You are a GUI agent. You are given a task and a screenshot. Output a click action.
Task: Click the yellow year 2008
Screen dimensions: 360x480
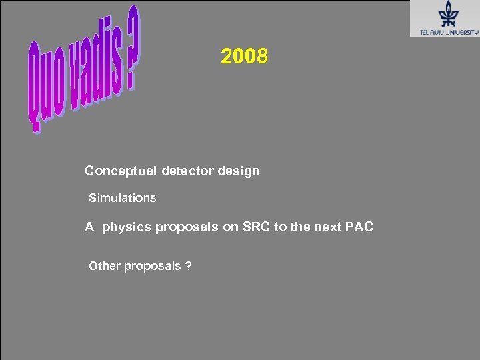coord(245,57)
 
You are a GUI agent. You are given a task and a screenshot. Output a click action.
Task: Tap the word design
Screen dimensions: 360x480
coord(239,171)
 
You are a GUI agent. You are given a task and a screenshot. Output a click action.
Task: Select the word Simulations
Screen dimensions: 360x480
coord(123,198)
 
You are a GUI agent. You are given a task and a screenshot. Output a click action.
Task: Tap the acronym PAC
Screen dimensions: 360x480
coord(359,227)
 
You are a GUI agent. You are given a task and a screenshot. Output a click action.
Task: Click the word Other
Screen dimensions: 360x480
coord(105,267)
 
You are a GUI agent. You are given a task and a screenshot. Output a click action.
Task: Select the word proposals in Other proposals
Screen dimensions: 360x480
coord(152,267)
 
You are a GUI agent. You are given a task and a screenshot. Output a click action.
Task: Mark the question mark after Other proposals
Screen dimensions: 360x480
coord(189,267)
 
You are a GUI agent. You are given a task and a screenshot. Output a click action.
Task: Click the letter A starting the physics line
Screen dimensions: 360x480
coord(89,227)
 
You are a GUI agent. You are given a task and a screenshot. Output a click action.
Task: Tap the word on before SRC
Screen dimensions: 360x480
coord(230,227)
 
